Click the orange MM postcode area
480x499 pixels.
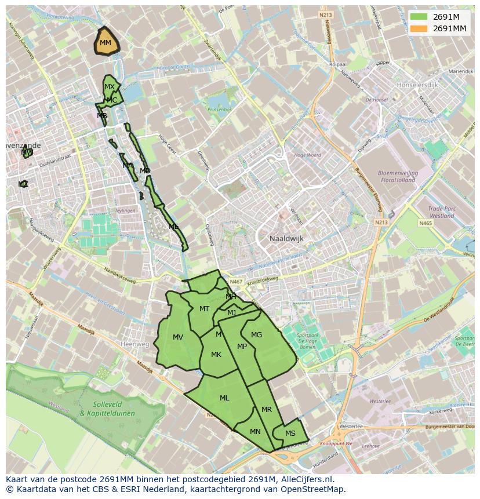(x=106, y=42)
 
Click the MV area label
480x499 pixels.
(x=178, y=337)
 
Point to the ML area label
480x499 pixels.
(x=224, y=398)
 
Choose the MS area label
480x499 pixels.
(x=290, y=434)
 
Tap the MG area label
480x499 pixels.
(x=256, y=335)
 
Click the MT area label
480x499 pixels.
(x=204, y=309)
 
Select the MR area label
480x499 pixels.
(x=267, y=410)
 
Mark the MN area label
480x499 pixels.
(x=255, y=432)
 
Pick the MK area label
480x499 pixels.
(x=216, y=355)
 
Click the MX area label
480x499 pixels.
(x=109, y=87)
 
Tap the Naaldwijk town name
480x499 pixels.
(x=286, y=239)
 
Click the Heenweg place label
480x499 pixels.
(x=134, y=344)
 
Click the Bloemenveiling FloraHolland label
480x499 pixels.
(x=398, y=176)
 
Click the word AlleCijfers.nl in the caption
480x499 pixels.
(x=311, y=480)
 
